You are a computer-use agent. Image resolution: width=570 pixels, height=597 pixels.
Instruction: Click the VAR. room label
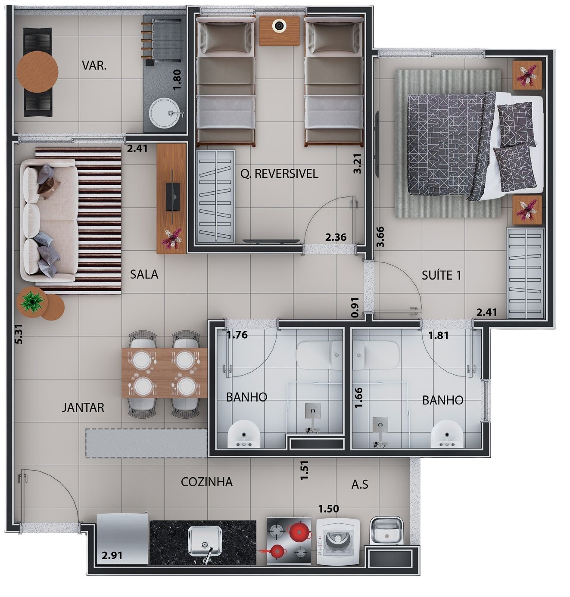[94, 65]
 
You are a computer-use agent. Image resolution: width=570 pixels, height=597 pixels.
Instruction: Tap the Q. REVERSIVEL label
[279, 174]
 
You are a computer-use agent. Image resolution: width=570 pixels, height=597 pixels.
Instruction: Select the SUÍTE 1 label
[441, 275]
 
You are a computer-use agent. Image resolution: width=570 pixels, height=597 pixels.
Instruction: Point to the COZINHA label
[207, 482]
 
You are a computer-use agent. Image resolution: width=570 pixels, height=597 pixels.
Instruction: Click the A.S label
[360, 485]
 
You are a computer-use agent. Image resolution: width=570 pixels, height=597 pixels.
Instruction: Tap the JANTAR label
[83, 407]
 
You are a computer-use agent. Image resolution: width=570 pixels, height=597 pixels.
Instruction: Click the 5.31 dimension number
[19, 334]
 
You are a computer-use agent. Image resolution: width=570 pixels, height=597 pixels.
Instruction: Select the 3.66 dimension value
[380, 237]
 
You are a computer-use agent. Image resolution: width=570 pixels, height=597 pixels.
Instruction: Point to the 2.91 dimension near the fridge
[112, 556]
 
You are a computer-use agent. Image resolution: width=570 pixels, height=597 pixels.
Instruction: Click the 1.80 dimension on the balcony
[177, 80]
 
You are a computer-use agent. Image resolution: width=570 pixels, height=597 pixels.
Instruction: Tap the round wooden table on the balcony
[37, 72]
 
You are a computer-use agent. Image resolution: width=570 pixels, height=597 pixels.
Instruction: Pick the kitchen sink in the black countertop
[205, 541]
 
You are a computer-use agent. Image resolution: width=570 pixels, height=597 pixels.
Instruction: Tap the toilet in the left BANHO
[319, 354]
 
